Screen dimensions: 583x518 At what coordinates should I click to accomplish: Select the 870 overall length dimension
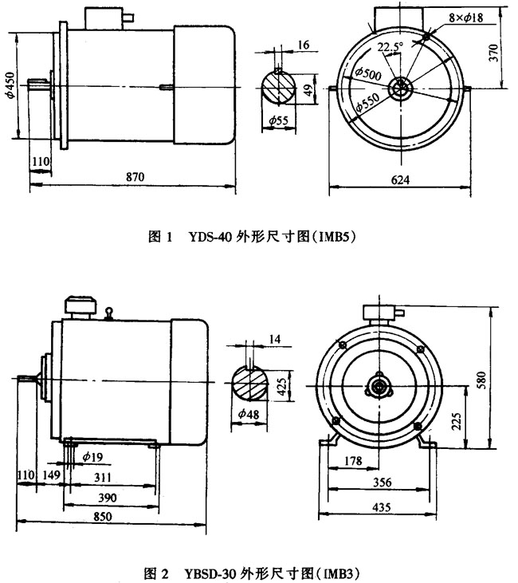point(135,179)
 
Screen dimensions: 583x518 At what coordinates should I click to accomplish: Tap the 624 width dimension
point(401,180)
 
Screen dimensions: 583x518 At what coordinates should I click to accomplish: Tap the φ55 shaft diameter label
point(278,120)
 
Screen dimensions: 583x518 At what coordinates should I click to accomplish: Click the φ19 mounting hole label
point(91,459)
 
